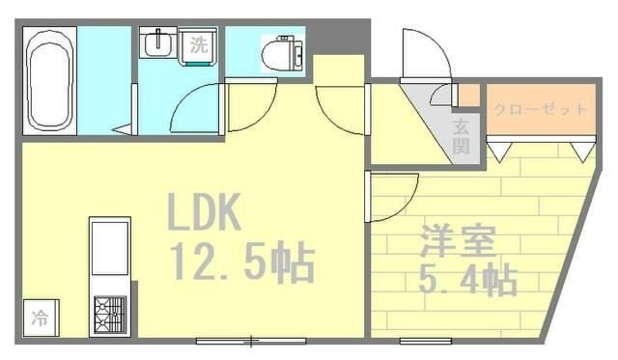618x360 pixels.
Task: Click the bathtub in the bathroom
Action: (47, 82)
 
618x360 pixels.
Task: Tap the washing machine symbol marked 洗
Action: (198, 43)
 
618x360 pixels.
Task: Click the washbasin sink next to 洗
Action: (157, 45)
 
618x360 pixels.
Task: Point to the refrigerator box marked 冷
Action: (41, 317)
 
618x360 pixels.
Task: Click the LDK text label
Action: (205, 212)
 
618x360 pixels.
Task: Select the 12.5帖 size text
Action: (241, 263)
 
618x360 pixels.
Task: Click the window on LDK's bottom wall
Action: (251, 340)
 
